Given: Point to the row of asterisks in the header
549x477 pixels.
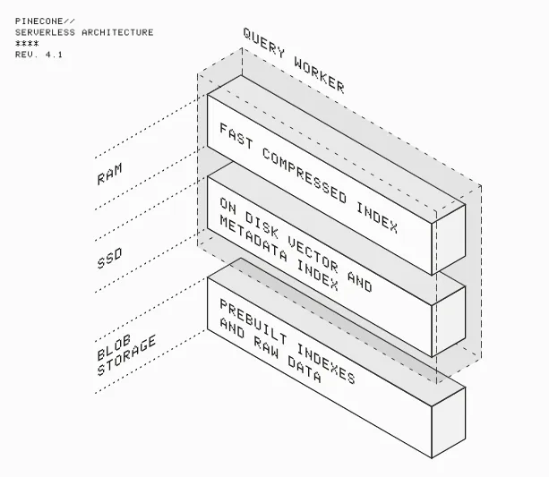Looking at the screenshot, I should [26, 44].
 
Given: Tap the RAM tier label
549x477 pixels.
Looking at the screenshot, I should [109, 173].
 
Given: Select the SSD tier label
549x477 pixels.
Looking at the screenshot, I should [109, 259].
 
